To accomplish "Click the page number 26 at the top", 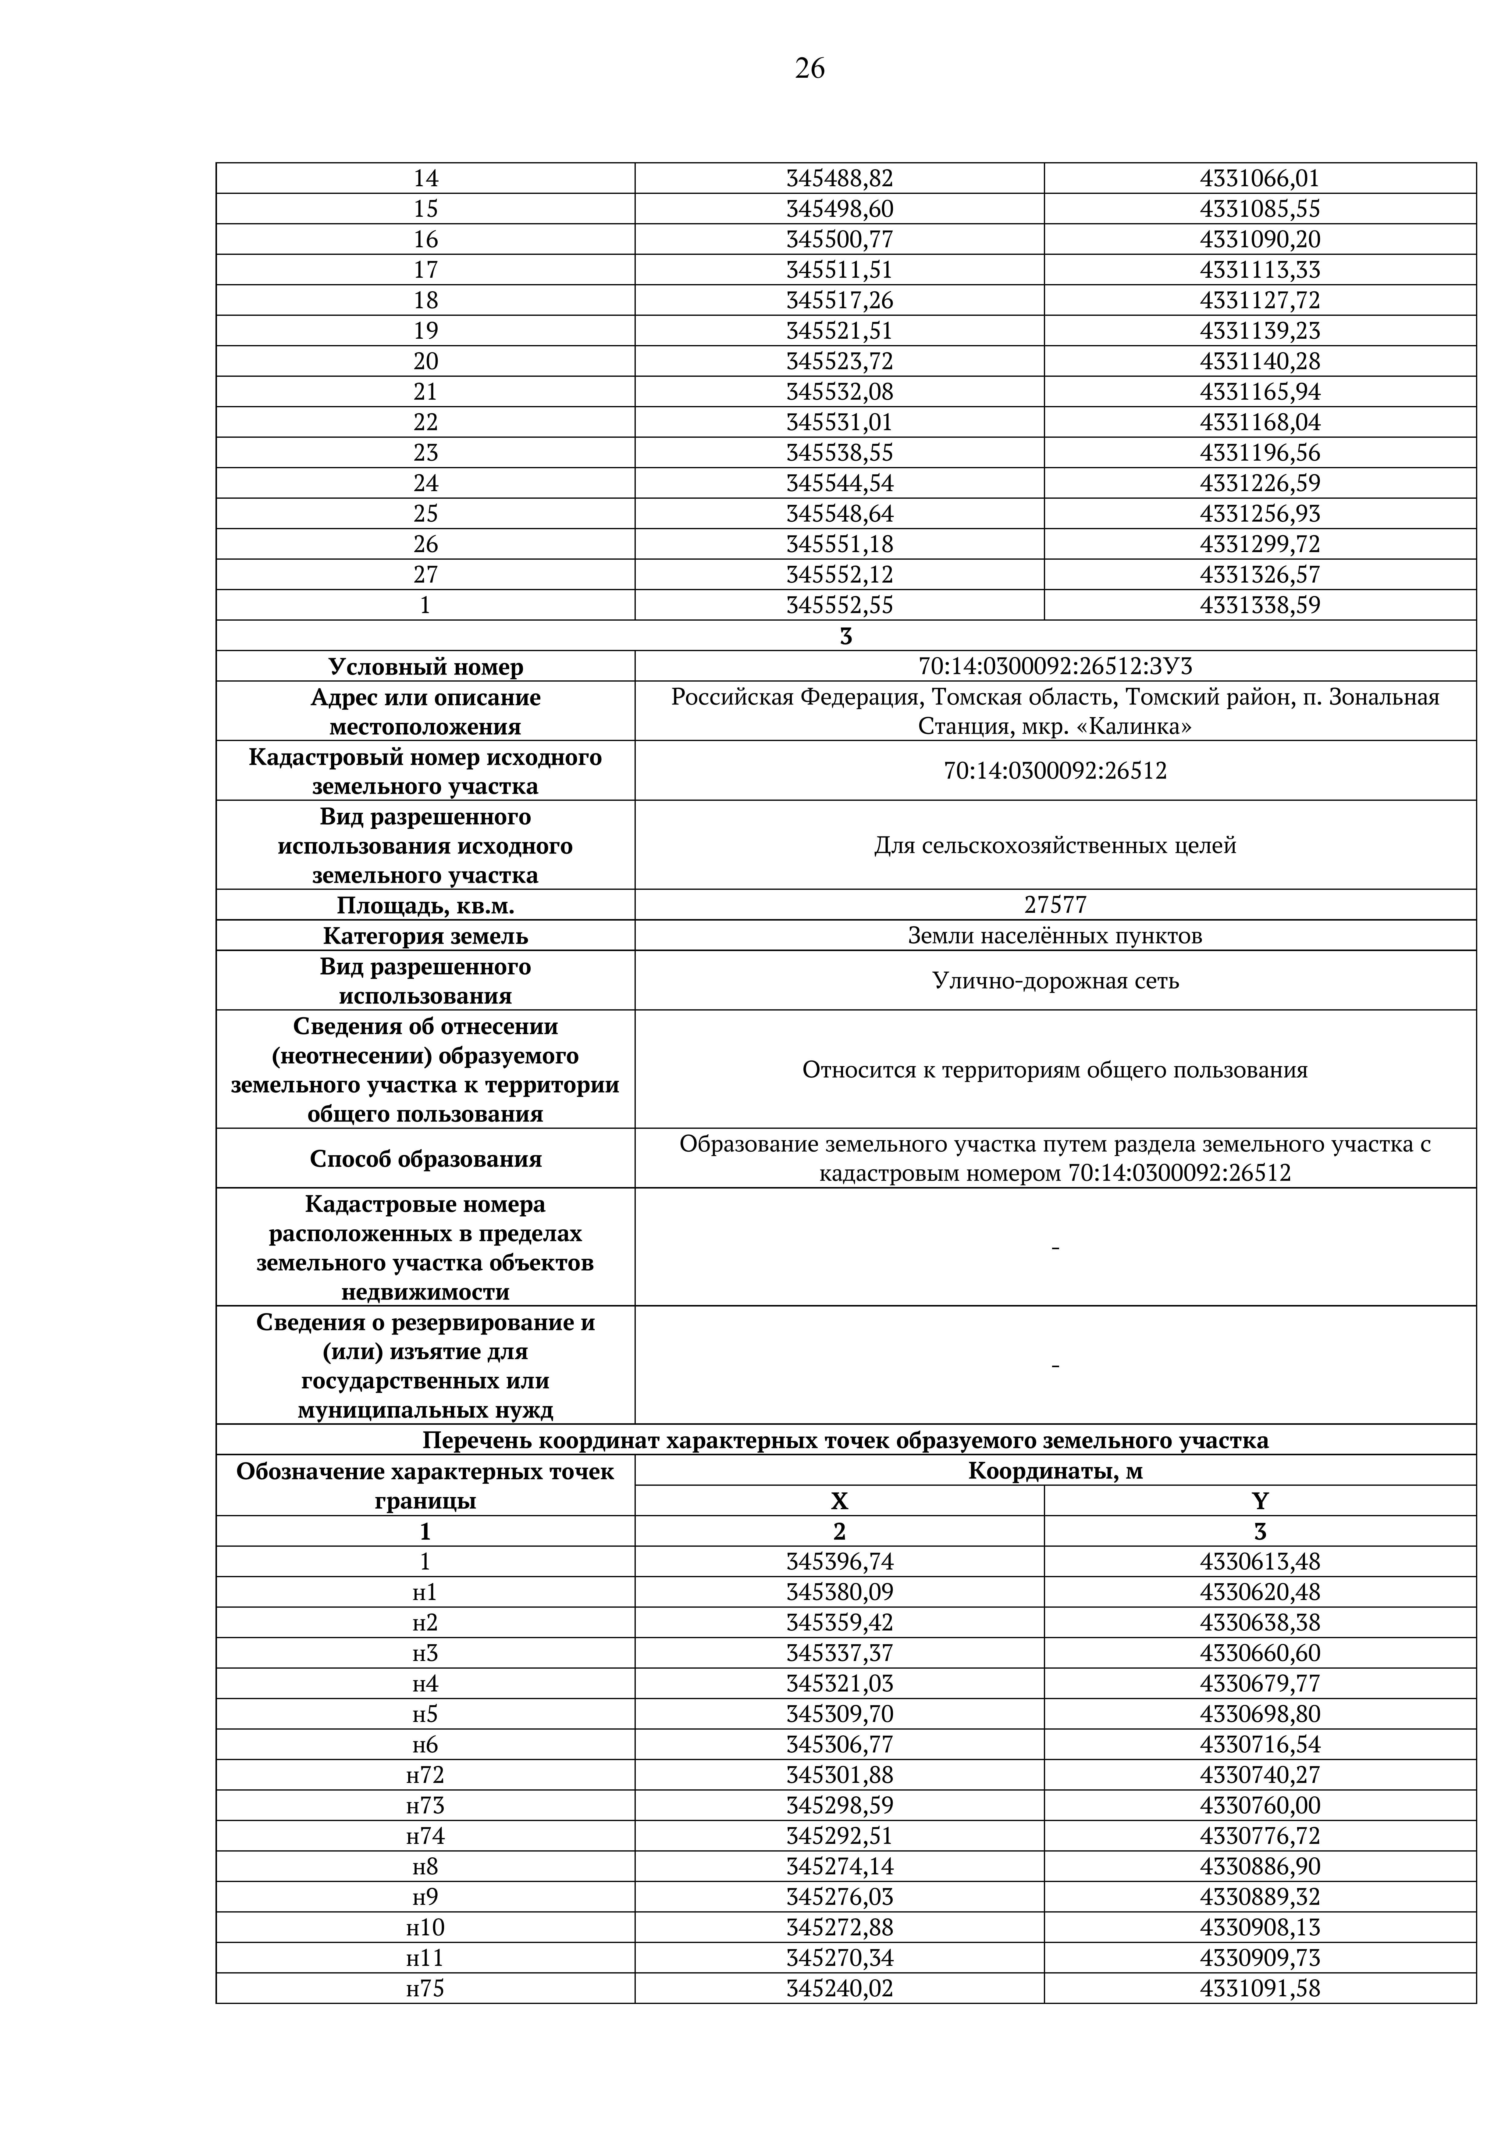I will click(809, 68).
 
